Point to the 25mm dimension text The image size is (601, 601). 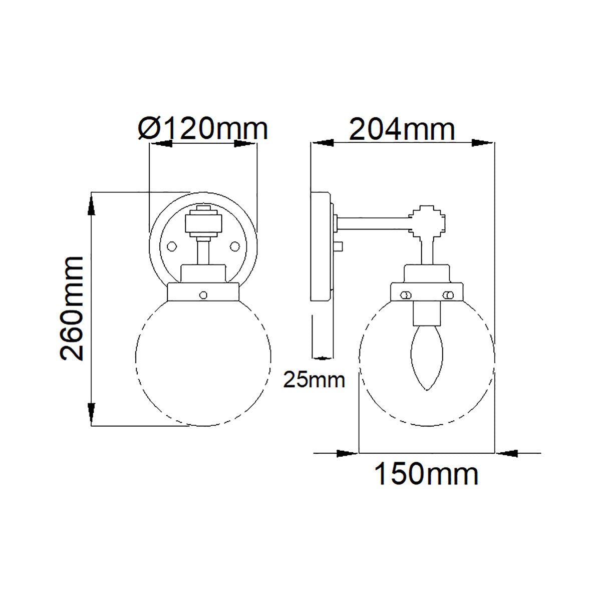coord(314,380)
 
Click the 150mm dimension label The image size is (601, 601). coord(426,474)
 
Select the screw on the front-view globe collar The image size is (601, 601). coord(203,295)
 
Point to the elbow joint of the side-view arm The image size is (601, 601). coord(426,221)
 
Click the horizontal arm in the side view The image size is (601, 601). coord(373,221)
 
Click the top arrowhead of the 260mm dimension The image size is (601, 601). coord(91,205)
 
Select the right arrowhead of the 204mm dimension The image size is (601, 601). coord(483,143)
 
